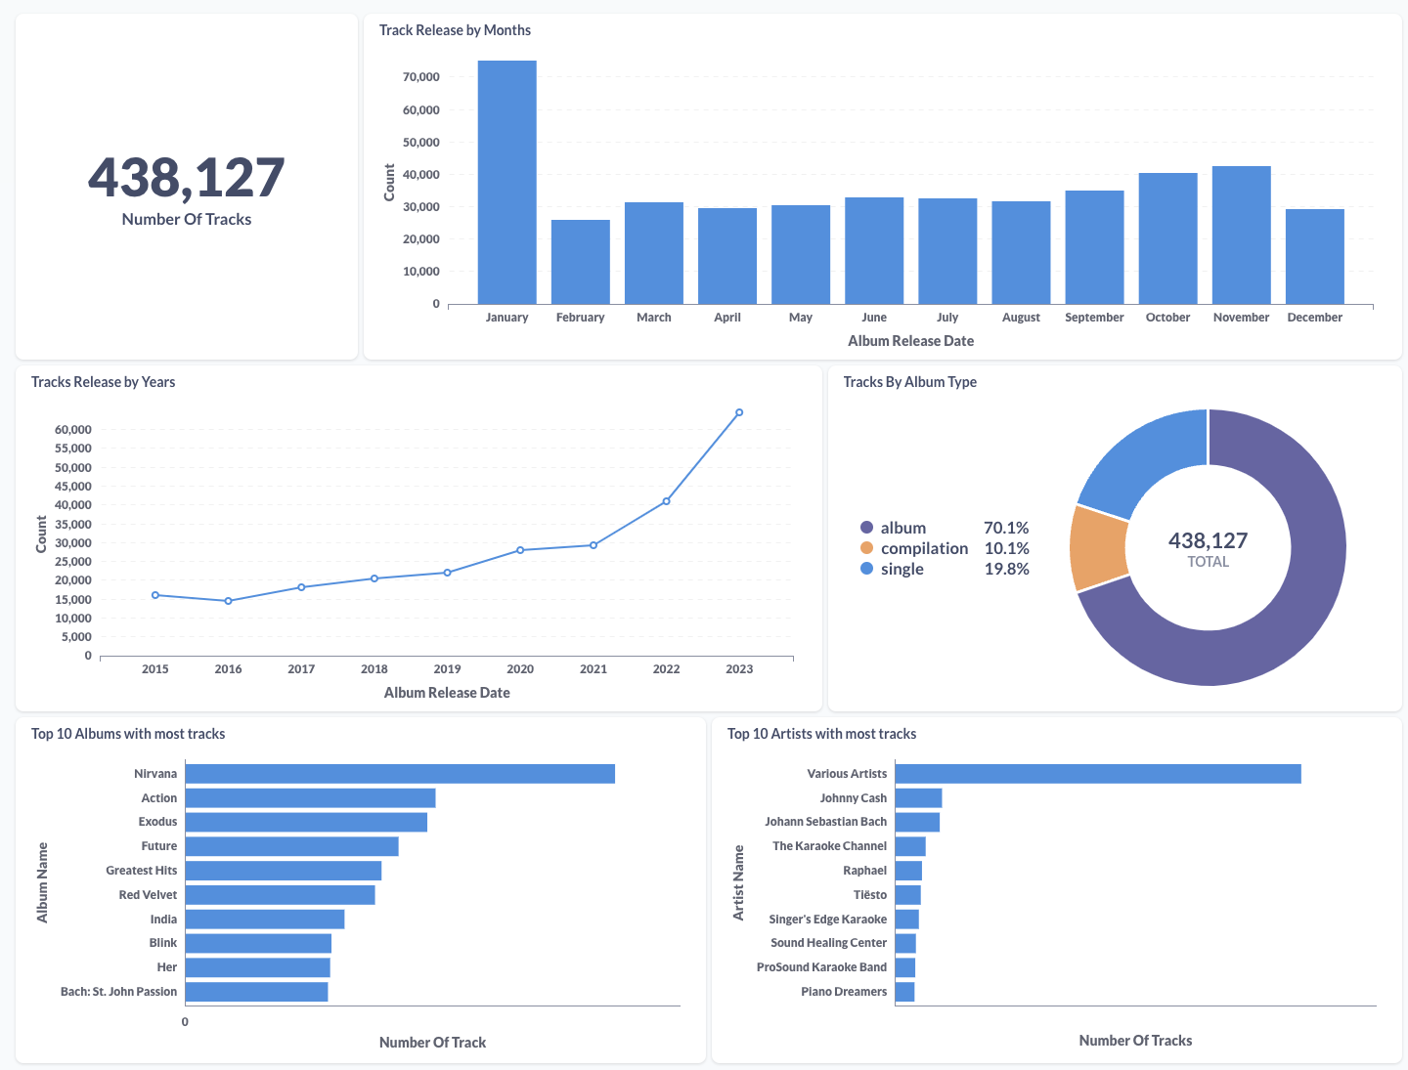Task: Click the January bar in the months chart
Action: [506, 183]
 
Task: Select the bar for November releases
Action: [1241, 235]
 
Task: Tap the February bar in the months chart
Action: [580, 262]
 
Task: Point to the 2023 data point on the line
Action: [739, 412]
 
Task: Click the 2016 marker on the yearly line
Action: [228, 601]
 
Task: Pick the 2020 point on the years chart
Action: [520, 550]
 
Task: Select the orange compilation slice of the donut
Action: [1098, 548]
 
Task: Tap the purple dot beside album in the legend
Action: [866, 528]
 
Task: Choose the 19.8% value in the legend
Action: [1006, 569]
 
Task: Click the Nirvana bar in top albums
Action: [400, 774]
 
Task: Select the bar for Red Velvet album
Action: [280, 895]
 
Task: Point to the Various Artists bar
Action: [1097, 774]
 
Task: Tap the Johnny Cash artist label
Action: [853, 798]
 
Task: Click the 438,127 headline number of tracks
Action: [187, 178]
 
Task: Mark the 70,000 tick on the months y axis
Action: [421, 77]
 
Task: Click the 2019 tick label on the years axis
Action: [447, 669]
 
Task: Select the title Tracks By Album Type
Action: [909, 382]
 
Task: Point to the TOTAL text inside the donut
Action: [1208, 562]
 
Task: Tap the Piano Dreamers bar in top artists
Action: [904, 992]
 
